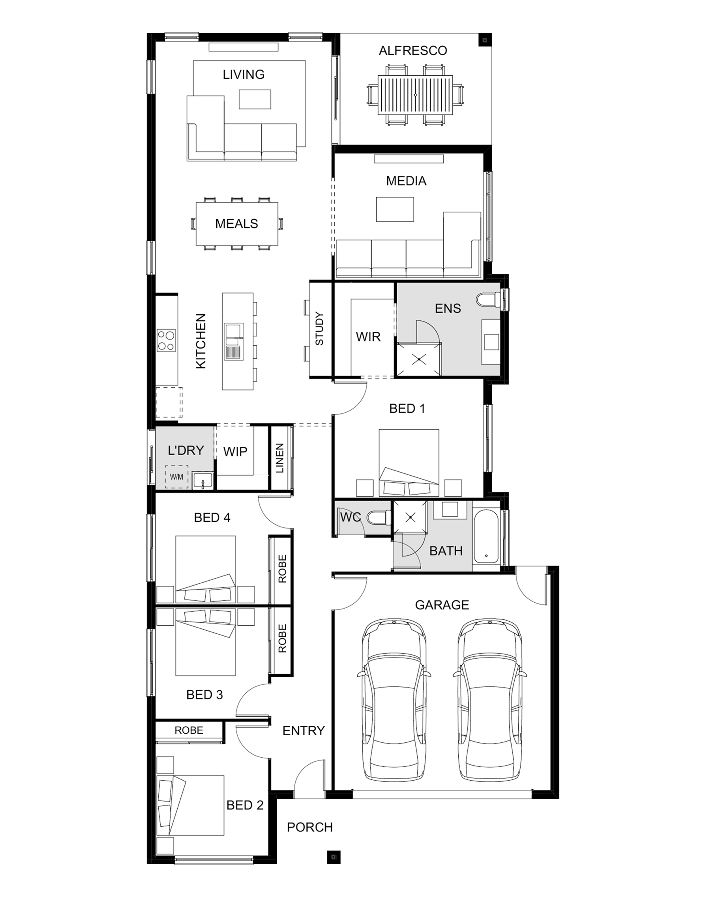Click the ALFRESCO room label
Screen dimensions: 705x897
[413, 51]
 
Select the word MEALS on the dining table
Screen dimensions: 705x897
[236, 224]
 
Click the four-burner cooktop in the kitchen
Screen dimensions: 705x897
[166, 341]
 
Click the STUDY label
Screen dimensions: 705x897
[319, 329]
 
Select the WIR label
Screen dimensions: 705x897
[368, 337]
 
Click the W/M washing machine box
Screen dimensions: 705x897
[177, 477]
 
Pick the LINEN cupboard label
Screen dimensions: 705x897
[280, 458]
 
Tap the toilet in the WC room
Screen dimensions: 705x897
[379, 518]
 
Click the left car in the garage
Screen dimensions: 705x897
[394, 699]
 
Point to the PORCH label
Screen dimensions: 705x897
[310, 827]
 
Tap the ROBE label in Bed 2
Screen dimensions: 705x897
[189, 731]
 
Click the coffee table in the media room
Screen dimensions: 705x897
[395, 209]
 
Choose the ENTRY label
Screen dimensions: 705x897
[304, 731]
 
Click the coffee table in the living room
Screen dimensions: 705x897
[255, 99]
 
